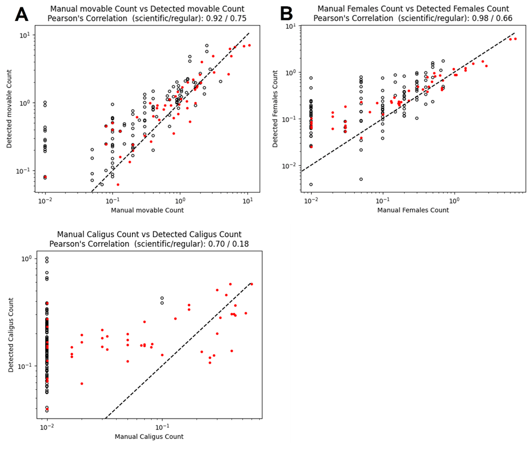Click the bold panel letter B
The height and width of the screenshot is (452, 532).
[287, 14]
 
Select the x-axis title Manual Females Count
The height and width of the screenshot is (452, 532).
[413, 210]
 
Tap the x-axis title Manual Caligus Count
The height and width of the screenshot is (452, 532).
[149, 437]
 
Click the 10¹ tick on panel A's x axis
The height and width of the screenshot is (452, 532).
[247, 201]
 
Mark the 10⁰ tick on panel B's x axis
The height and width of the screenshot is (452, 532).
[454, 201]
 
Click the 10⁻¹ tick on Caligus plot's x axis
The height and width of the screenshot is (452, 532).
[162, 427]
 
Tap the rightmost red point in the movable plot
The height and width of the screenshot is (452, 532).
[249, 45]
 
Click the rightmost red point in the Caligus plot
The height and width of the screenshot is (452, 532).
[251, 284]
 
